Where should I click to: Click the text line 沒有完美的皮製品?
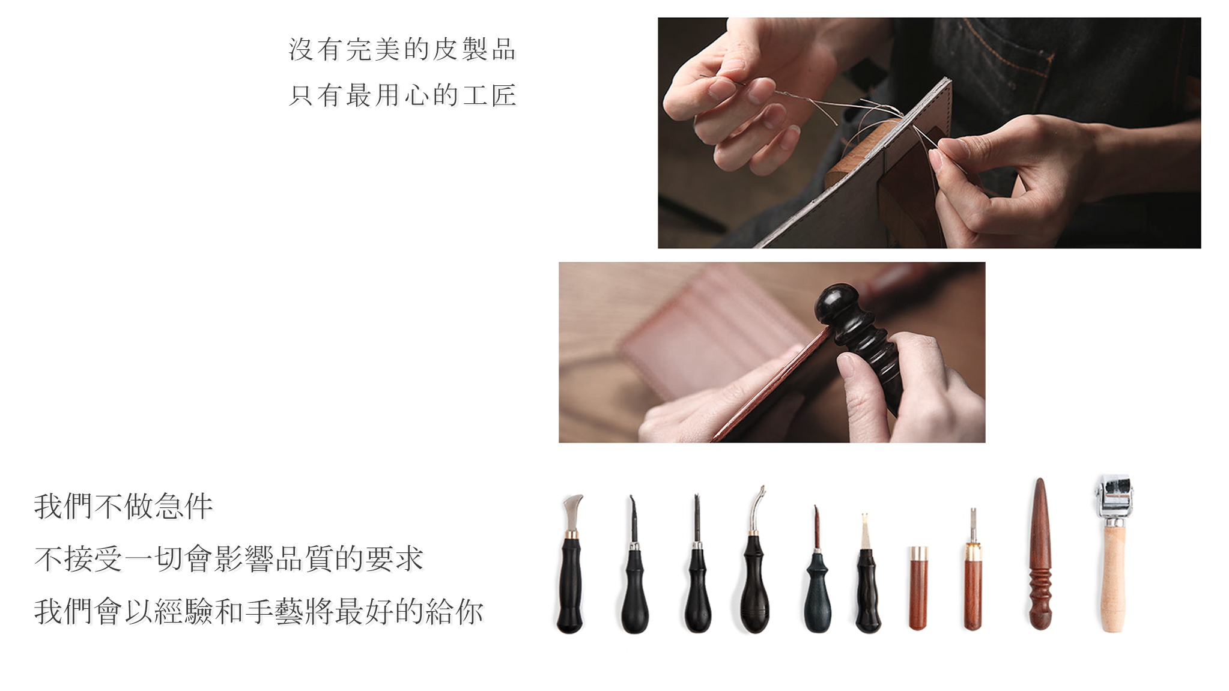pos(402,49)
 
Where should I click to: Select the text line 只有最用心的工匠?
pos(402,95)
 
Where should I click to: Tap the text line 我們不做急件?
pos(124,506)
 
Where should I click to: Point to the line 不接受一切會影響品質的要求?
pos(229,558)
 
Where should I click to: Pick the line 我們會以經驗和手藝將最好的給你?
pos(259,611)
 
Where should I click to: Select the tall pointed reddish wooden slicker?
pos(1040,554)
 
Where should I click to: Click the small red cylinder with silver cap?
pos(918,588)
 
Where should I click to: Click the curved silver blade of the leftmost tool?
pos(573,511)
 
